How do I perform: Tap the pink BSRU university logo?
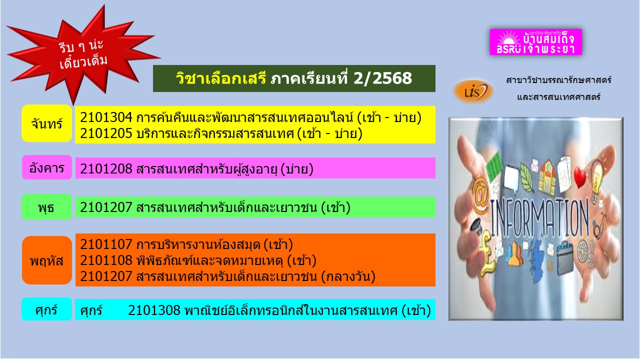tap(535, 41)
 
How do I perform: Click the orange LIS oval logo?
tap(473, 91)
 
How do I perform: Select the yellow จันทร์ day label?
tap(47, 123)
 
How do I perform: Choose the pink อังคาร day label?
tap(47, 167)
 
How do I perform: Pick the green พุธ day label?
tap(47, 207)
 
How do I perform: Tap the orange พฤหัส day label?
tap(47, 260)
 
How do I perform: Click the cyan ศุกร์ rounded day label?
tap(47, 309)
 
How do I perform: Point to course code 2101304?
tap(106, 117)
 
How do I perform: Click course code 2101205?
tap(106, 133)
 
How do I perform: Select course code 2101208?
tap(106, 169)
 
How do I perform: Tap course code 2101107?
tap(106, 244)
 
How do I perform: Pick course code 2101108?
tap(106, 260)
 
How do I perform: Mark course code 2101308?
tap(154, 310)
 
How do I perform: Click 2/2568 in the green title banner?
tap(382, 78)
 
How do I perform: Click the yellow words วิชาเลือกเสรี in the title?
tap(221, 78)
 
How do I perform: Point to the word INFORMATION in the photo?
tap(539, 218)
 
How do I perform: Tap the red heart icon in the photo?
tap(579, 177)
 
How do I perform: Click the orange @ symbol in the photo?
tap(480, 195)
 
